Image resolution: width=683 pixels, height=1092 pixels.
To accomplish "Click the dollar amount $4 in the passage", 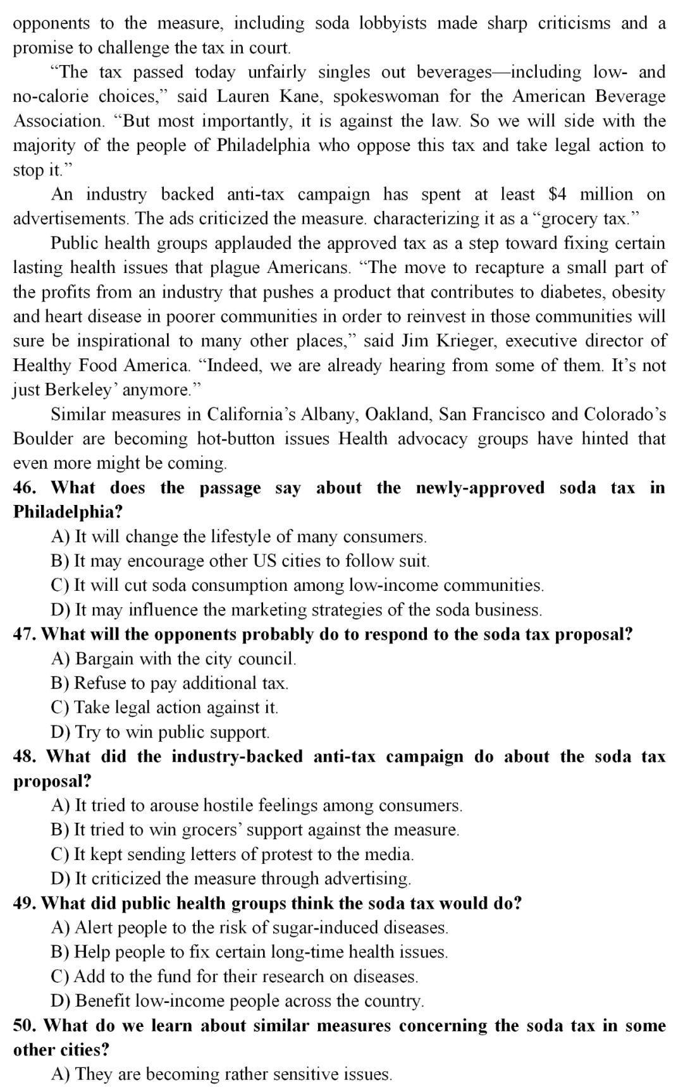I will click(557, 194).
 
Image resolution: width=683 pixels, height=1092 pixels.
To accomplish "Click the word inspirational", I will click(123, 341).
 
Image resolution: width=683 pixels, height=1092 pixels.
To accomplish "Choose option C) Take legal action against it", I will click(164, 707).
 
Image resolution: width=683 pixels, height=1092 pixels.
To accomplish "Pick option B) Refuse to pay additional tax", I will click(169, 683).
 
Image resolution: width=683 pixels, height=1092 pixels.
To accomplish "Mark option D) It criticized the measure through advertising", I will click(231, 878).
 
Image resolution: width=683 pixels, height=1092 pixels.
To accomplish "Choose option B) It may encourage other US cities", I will click(240, 561).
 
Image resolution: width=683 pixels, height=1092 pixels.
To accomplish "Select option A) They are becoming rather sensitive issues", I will click(221, 1074).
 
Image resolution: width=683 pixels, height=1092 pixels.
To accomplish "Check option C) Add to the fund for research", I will click(234, 976).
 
